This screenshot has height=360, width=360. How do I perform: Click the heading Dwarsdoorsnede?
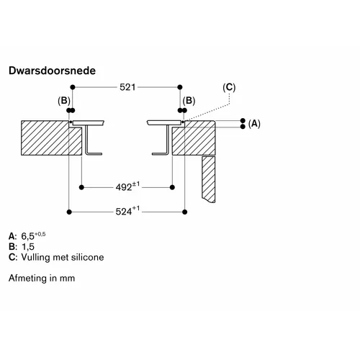[x=52, y=71]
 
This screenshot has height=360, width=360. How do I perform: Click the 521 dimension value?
[x=127, y=87]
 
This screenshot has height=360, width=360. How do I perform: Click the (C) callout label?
[x=229, y=87]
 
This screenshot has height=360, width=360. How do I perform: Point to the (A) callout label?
[x=254, y=124]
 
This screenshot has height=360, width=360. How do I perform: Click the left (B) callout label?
[x=64, y=101]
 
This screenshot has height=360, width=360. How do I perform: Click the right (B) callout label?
[x=189, y=101]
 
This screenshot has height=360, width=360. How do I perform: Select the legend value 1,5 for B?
[x=28, y=247]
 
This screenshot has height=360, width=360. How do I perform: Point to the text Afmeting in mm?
[x=42, y=278]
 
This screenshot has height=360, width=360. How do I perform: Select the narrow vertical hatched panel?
[x=209, y=179]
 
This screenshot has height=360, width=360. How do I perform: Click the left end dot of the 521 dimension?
[x=73, y=87]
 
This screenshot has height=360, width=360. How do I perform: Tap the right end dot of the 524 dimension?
[x=184, y=212]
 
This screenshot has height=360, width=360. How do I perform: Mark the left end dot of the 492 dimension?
[x=81, y=187]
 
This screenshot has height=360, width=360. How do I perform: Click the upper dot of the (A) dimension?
[x=243, y=120]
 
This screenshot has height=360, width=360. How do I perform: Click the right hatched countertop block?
[x=194, y=138]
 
